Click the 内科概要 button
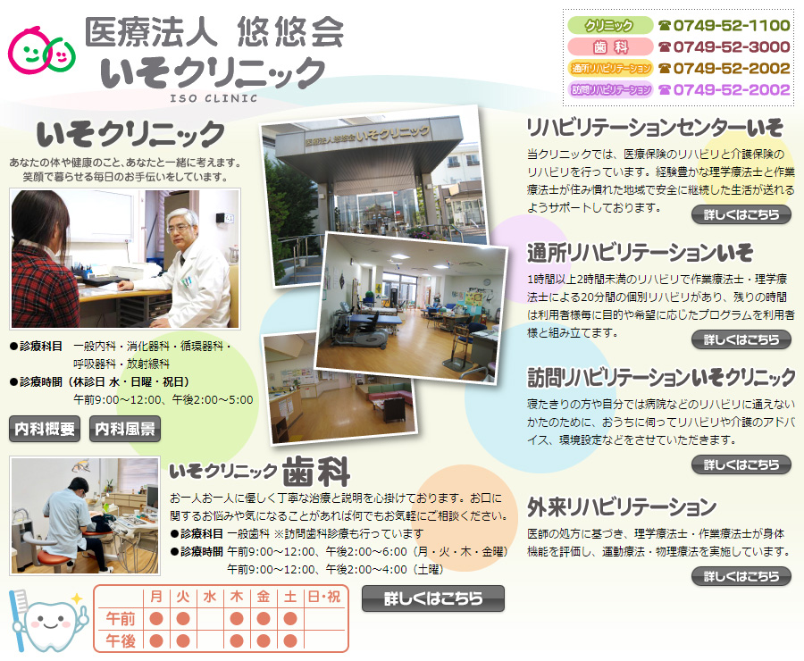point(45,429)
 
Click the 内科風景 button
point(125,429)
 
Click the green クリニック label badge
point(609,25)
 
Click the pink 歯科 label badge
point(609,46)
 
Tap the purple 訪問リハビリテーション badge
point(609,89)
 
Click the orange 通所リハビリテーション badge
point(609,68)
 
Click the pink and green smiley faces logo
point(42,50)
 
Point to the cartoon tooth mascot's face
point(50,623)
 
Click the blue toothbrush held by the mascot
point(18,619)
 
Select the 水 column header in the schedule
point(210,597)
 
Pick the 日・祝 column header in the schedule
point(323,597)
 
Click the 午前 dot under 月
point(156,619)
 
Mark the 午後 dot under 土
point(290,641)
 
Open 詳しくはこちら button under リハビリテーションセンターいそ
point(741,214)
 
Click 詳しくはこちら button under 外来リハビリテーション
point(741,576)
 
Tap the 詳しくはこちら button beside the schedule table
point(433,598)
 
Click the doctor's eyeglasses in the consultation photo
point(178,229)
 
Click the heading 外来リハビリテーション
point(622,507)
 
